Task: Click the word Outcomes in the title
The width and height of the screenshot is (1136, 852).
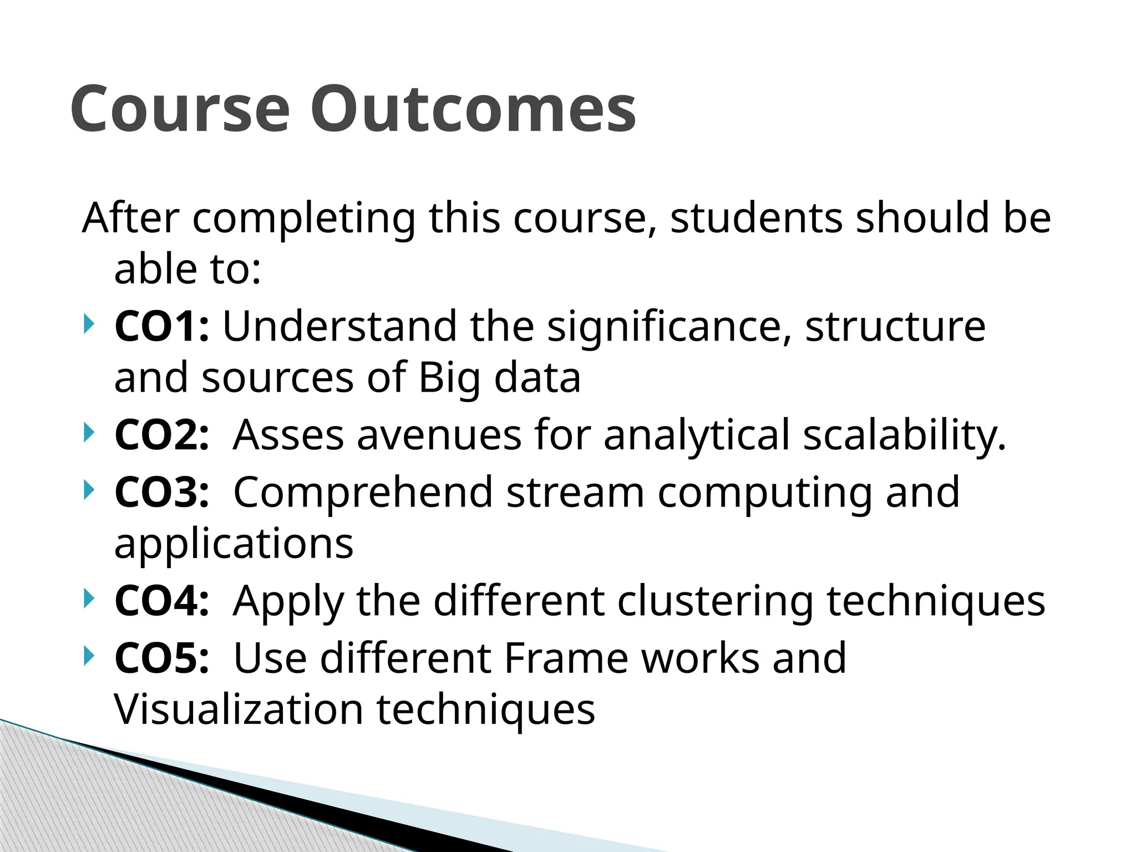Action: point(473,109)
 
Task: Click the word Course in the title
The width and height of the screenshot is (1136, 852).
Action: point(180,109)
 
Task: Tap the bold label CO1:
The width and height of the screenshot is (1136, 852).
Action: point(162,326)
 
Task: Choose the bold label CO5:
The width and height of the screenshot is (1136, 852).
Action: point(162,658)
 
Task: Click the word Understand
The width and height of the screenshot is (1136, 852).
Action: point(339,326)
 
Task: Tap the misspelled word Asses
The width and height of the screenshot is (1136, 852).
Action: point(288,435)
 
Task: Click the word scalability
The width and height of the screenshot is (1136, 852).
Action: point(904,435)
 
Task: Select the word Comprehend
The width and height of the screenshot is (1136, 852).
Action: point(363,493)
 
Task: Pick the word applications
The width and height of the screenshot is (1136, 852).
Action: point(234,545)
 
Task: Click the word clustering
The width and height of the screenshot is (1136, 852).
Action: point(715,601)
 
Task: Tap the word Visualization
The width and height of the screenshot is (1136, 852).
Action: point(238,709)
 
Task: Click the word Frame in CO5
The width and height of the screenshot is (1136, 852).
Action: point(566,658)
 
